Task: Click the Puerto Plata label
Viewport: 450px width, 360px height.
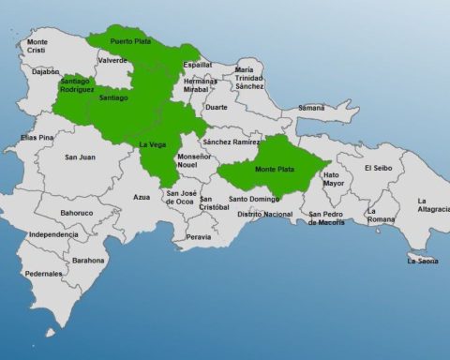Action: [130, 42]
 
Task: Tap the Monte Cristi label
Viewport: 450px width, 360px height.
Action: [37, 46]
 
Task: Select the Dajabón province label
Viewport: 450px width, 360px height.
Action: [45, 71]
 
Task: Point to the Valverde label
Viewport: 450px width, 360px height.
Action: [112, 60]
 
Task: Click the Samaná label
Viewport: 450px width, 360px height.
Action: [311, 108]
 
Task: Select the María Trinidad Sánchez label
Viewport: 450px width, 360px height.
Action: [249, 78]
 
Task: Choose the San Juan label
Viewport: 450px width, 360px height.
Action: [79, 157]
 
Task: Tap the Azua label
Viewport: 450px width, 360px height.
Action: [142, 197]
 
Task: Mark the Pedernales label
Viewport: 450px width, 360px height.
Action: [44, 274]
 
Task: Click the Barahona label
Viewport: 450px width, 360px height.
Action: [89, 260]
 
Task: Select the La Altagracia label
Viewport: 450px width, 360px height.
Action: [433, 204]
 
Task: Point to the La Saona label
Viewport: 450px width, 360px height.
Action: [423, 261]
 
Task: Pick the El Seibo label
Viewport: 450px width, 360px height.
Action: [381, 168]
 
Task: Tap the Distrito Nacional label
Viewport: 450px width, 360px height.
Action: [265, 214]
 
